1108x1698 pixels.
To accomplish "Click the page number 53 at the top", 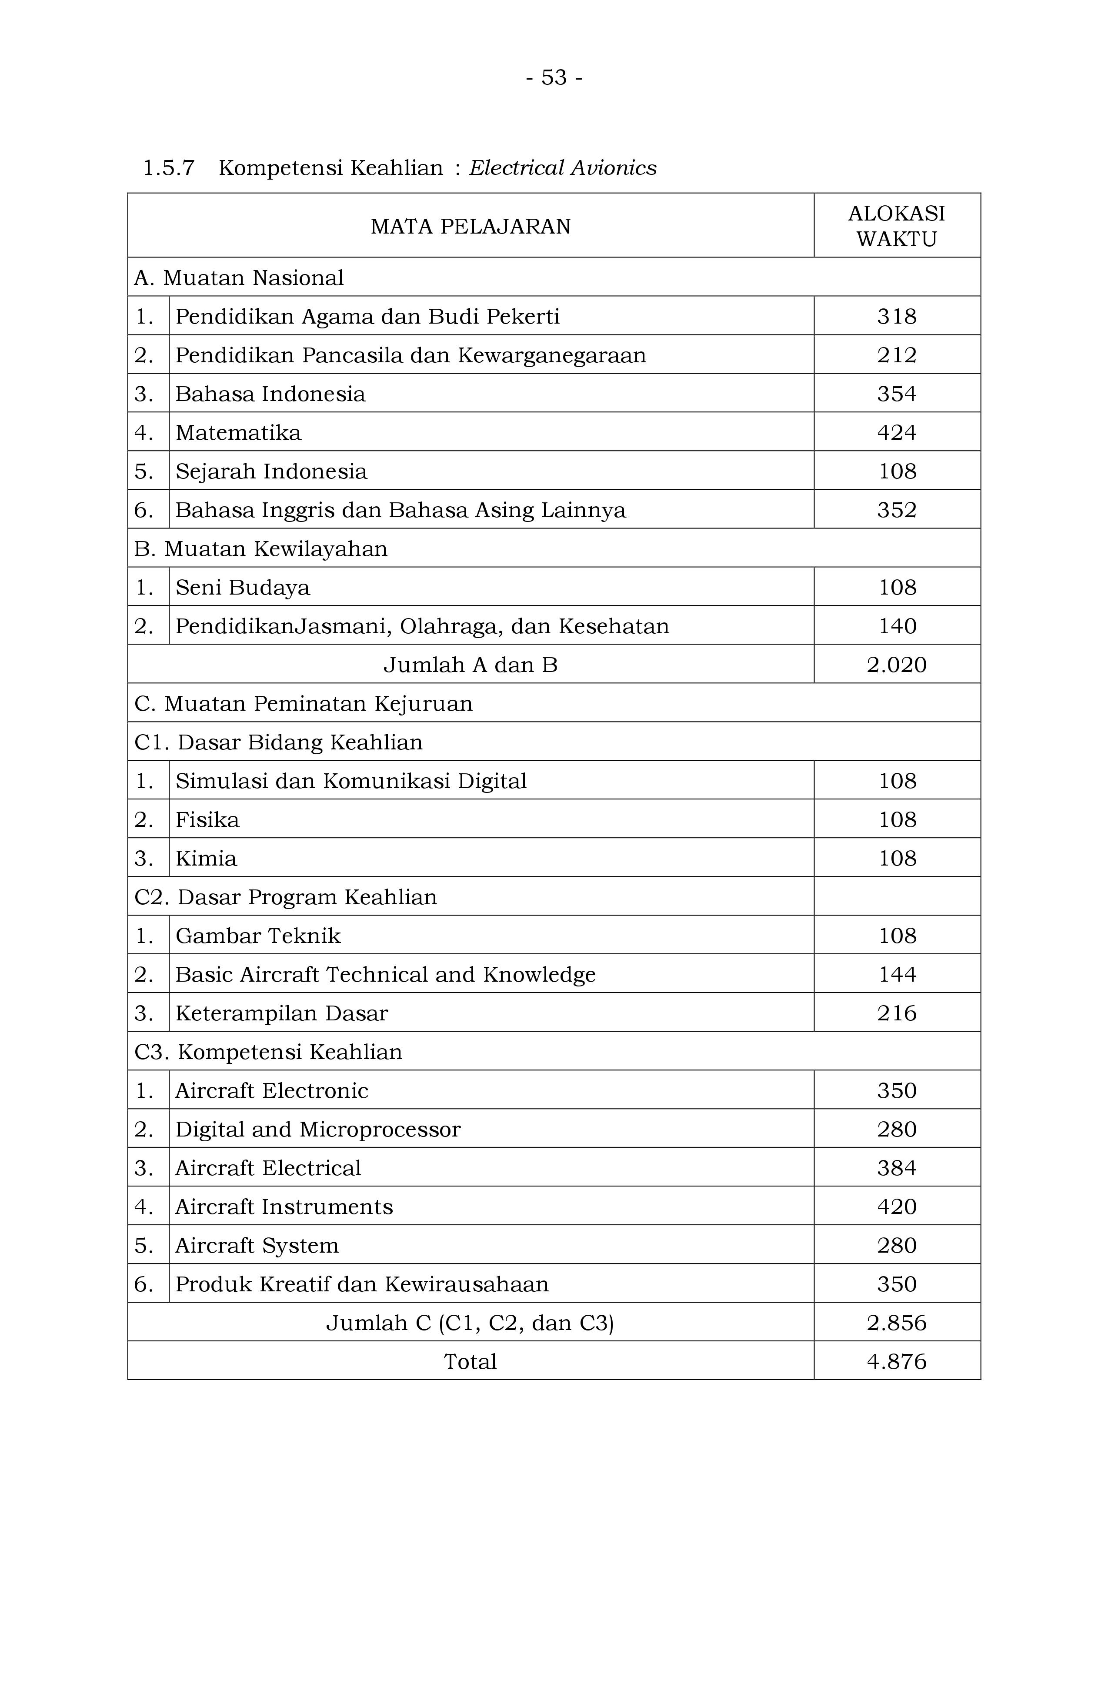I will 554,77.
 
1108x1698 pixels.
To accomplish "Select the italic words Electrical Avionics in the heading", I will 562,167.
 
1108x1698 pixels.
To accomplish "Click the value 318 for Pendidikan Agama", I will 897,316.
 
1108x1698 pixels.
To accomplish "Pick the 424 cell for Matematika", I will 897,432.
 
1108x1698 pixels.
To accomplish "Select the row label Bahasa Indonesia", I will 270,394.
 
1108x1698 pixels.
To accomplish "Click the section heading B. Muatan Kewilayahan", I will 261,548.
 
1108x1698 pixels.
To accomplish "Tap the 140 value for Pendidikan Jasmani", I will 897,626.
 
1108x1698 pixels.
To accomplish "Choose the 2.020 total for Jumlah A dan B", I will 897,665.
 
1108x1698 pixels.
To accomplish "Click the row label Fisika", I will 207,820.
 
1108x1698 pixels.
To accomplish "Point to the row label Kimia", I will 206,858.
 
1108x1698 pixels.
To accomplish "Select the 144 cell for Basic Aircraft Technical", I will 897,975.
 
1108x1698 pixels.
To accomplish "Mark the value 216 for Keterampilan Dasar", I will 897,1013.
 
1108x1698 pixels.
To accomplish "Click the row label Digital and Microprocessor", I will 318,1130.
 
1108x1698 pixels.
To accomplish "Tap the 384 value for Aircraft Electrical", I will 897,1168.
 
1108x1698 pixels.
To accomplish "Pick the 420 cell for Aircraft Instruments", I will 897,1207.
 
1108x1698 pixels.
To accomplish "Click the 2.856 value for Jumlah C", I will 897,1323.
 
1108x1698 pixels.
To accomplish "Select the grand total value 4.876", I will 897,1361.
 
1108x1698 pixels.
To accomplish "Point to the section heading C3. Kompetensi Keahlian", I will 268,1052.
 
